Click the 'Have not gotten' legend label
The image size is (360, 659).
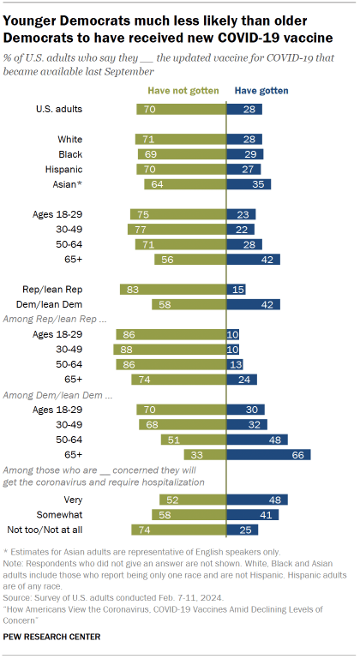[183, 90]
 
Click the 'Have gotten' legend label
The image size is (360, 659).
[261, 90]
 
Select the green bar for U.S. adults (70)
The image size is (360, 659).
[180, 109]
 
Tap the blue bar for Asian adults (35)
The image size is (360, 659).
[249, 184]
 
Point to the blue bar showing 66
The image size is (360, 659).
[267, 454]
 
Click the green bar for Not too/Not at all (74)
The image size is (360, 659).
[177, 529]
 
